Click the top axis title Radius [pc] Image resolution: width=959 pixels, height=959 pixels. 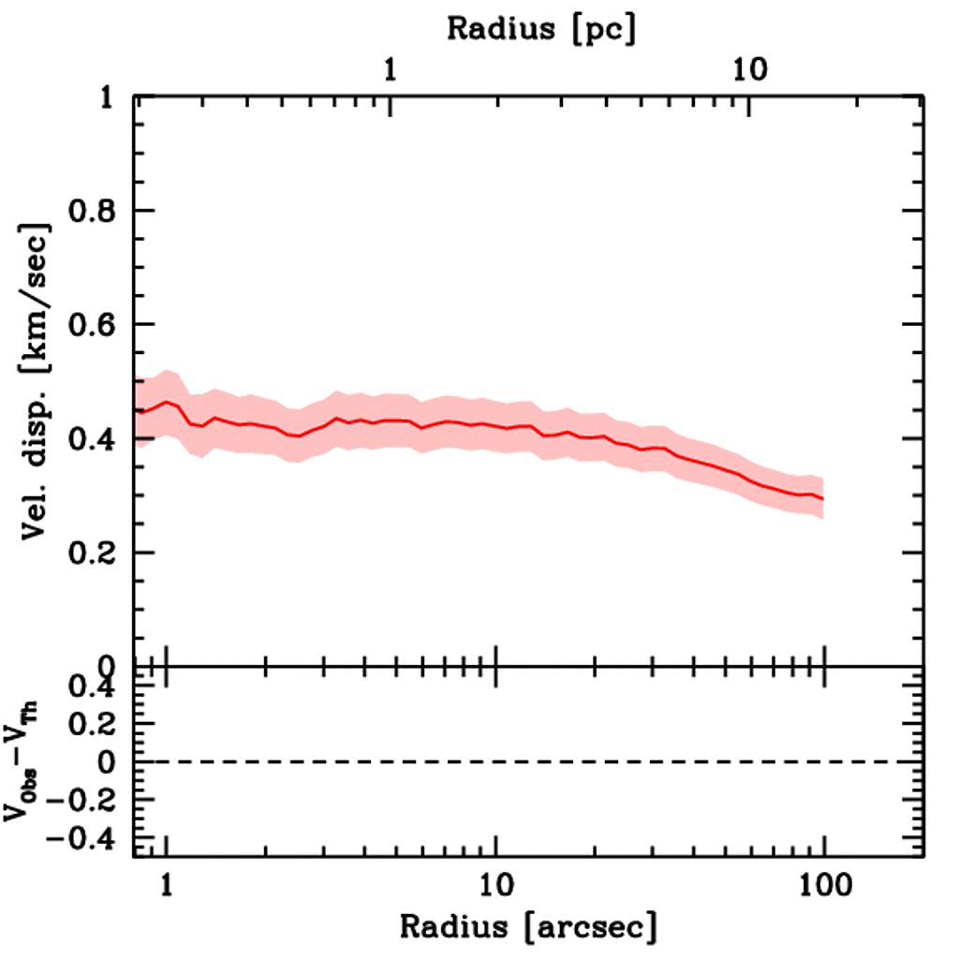pos(541,28)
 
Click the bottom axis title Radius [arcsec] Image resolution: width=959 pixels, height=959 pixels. pos(529,927)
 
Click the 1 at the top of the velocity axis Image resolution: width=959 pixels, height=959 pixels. pos(109,97)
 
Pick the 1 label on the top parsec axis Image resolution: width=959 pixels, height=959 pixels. pos(390,69)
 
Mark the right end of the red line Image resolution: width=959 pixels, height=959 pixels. pos(822,498)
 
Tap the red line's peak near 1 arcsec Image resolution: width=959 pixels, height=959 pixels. pos(167,402)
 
